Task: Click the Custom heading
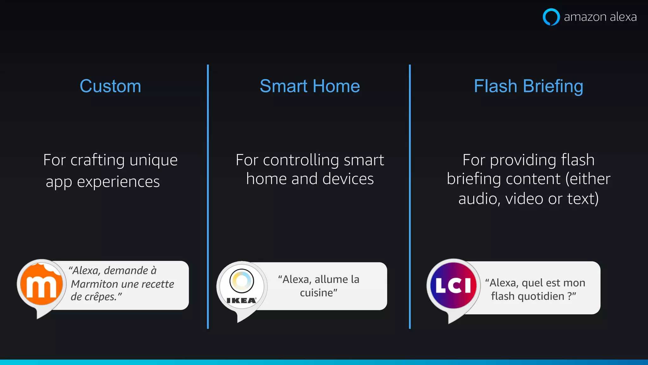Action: coord(110,86)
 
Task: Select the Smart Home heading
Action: coord(310,86)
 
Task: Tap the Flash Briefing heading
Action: coord(528,86)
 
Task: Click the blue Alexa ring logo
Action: coord(551,17)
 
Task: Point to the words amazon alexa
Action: coord(600,17)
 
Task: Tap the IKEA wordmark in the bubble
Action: coord(241,300)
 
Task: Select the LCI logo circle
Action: coord(453,285)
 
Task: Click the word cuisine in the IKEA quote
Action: coord(317,293)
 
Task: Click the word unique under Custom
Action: coord(153,160)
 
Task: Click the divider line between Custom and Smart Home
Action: coord(208,196)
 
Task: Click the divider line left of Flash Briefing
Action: coord(410,196)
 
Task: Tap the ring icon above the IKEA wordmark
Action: coord(242,280)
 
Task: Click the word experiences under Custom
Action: coord(118,182)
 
